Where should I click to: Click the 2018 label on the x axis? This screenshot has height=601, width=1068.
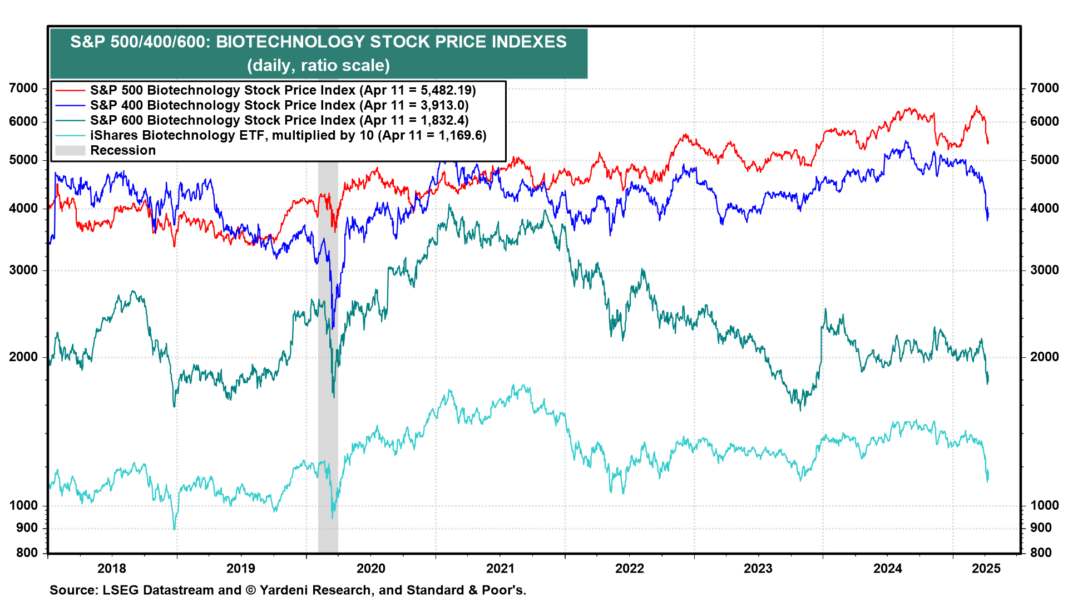click(112, 568)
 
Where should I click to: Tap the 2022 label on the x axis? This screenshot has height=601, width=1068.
click(629, 568)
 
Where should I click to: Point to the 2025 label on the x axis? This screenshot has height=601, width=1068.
click(986, 568)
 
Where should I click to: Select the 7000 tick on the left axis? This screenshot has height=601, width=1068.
click(24, 88)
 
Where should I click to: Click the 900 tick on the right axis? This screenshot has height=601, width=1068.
click(1041, 528)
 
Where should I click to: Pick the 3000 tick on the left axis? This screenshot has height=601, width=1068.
click(24, 270)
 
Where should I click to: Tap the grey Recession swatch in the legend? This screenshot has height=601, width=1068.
click(70, 150)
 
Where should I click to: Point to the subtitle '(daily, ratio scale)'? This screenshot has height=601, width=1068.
click(318, 65)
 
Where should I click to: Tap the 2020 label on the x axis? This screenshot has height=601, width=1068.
click(370, 568)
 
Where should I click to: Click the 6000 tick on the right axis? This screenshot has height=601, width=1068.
click(1044, 121)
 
